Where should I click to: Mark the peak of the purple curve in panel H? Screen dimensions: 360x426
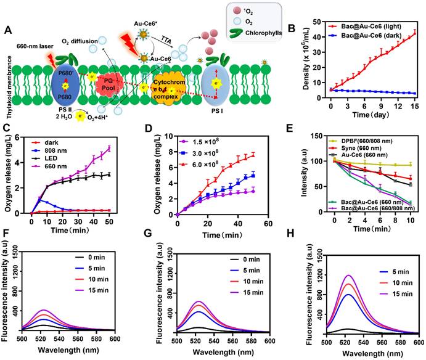tap(367, 275)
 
